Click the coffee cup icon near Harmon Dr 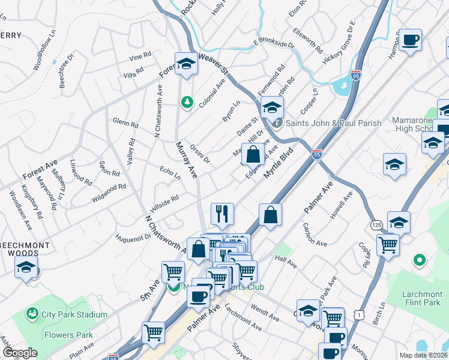[411, 40]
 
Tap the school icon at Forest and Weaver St [186, 64]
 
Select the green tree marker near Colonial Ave [187, 102]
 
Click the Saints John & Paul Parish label [333, 123]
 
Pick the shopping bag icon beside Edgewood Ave [255, 154]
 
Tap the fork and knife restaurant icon [222, 212]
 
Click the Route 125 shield [376, 224]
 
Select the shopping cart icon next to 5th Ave [173, 271]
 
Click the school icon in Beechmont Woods [26, 266]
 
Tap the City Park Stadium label [74, 314]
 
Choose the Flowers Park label [68, 334]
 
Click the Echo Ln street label [170, 173]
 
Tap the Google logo [20, 353]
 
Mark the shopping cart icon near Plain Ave [154, 332]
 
